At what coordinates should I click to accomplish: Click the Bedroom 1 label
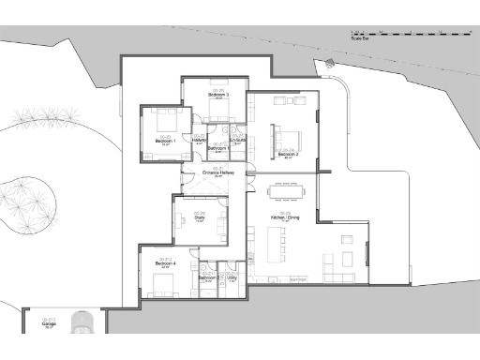pyautogui.click(x=166, y=141)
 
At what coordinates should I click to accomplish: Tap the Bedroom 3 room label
pyautogui.click(x=217, y=95)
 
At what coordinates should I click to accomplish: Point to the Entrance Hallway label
pyautogui.click(x=217, y=172)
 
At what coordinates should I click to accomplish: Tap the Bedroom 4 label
pyautogui.click(x=165, y=263)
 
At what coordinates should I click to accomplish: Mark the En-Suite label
pyautogui.click(x=237, y=141)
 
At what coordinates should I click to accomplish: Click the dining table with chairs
pyautogui.click(x=284, y=194)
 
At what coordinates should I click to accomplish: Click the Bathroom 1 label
pyautogui.click(x=217, y=148)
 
